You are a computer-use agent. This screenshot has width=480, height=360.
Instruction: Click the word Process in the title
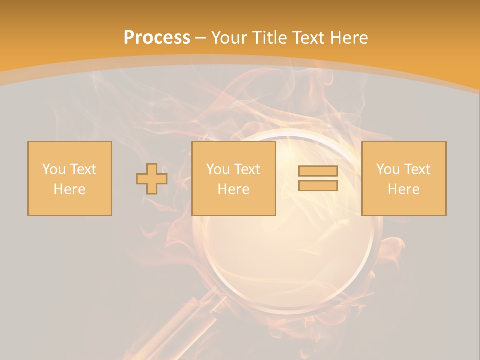157,38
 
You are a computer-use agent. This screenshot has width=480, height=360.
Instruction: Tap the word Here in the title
350,38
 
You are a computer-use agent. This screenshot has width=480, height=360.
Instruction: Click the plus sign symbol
152,179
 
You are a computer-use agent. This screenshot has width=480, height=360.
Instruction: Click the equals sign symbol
318,178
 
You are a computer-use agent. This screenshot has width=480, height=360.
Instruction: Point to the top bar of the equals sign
318,171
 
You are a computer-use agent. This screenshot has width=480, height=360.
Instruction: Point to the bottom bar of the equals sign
318,185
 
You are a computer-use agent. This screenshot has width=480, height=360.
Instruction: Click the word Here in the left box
70,189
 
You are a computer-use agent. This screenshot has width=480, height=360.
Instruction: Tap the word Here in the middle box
234,189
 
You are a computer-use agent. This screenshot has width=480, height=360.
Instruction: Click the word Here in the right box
404,189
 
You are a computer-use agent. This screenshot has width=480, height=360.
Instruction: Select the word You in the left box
53,169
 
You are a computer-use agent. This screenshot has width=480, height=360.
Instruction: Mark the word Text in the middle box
246,169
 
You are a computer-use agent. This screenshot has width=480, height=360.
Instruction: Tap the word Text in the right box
416,169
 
